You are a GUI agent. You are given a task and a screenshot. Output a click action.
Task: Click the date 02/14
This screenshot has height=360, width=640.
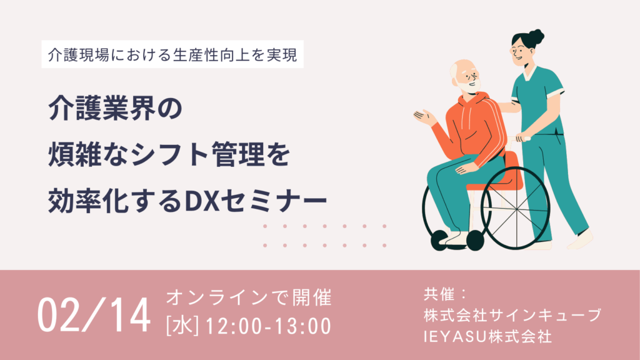[94, 315]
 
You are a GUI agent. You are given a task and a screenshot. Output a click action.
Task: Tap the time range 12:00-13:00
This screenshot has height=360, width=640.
[268, 326]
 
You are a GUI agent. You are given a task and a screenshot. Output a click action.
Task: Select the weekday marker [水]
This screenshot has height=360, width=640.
[182, 326]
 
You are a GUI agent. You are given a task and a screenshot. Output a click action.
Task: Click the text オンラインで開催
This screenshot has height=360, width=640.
[249, 297]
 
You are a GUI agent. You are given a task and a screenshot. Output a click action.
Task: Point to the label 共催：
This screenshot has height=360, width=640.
[445, 294]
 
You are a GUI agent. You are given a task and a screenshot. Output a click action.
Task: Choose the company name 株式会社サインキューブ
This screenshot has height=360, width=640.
[512, 315]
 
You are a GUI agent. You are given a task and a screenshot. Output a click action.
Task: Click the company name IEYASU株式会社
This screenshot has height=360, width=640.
[487, 337]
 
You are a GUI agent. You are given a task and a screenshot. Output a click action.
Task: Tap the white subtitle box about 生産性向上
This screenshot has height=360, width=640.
[172, 54]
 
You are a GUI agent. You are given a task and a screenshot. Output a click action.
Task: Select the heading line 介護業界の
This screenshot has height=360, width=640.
[116, 109]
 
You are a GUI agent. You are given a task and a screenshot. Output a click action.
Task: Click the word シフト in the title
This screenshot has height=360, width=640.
[171, 155]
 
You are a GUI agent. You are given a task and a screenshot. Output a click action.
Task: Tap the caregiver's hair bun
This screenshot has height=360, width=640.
[536, 37]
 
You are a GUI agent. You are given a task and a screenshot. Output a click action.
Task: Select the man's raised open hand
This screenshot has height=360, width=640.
[424, 117]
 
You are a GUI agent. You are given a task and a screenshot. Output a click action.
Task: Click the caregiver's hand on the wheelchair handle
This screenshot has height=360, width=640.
[522, 137]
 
